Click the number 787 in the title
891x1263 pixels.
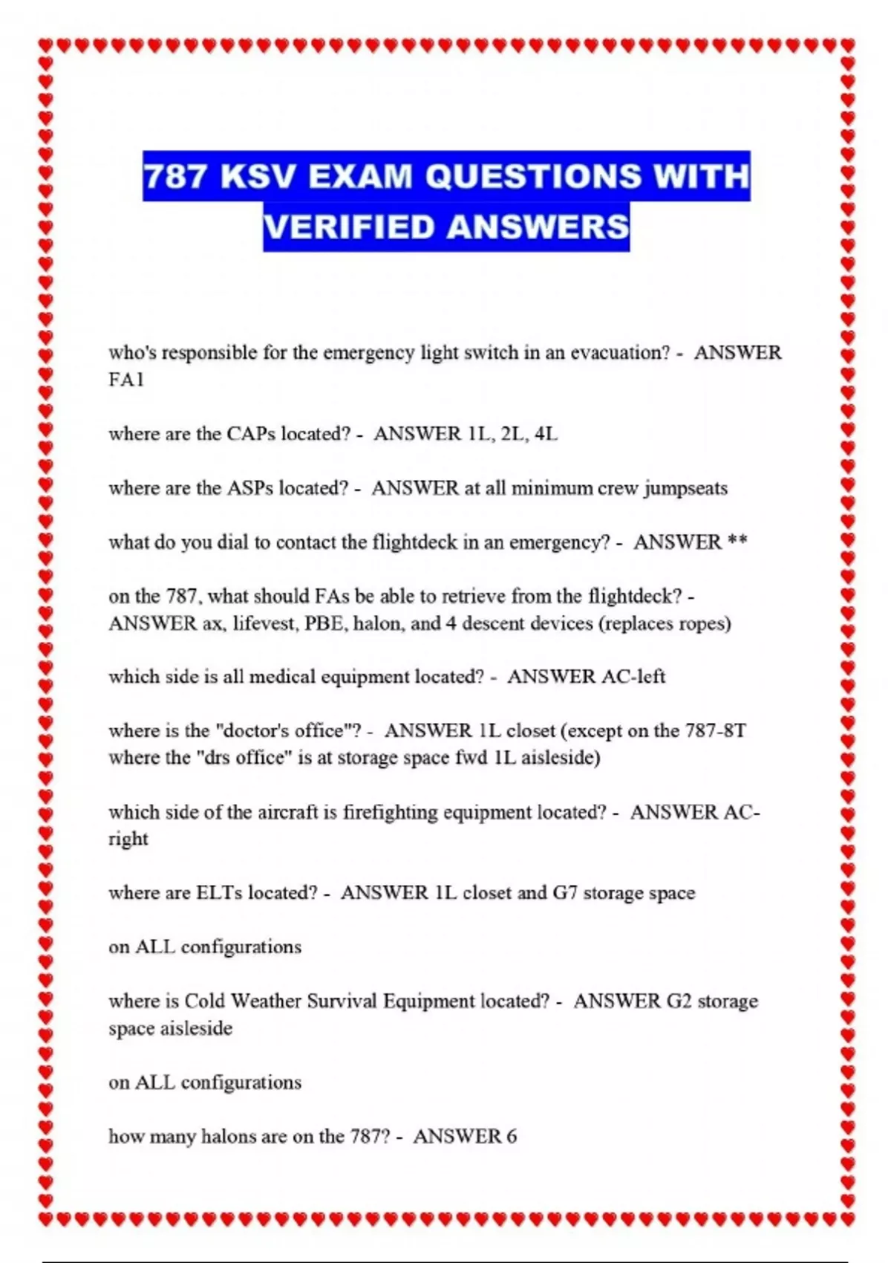174,176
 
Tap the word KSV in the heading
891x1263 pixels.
258,176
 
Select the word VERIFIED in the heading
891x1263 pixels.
348,227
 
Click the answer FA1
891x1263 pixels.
125,380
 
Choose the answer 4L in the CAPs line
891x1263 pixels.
546,434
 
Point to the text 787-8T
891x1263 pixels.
715,731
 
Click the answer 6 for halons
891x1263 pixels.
511,1136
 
